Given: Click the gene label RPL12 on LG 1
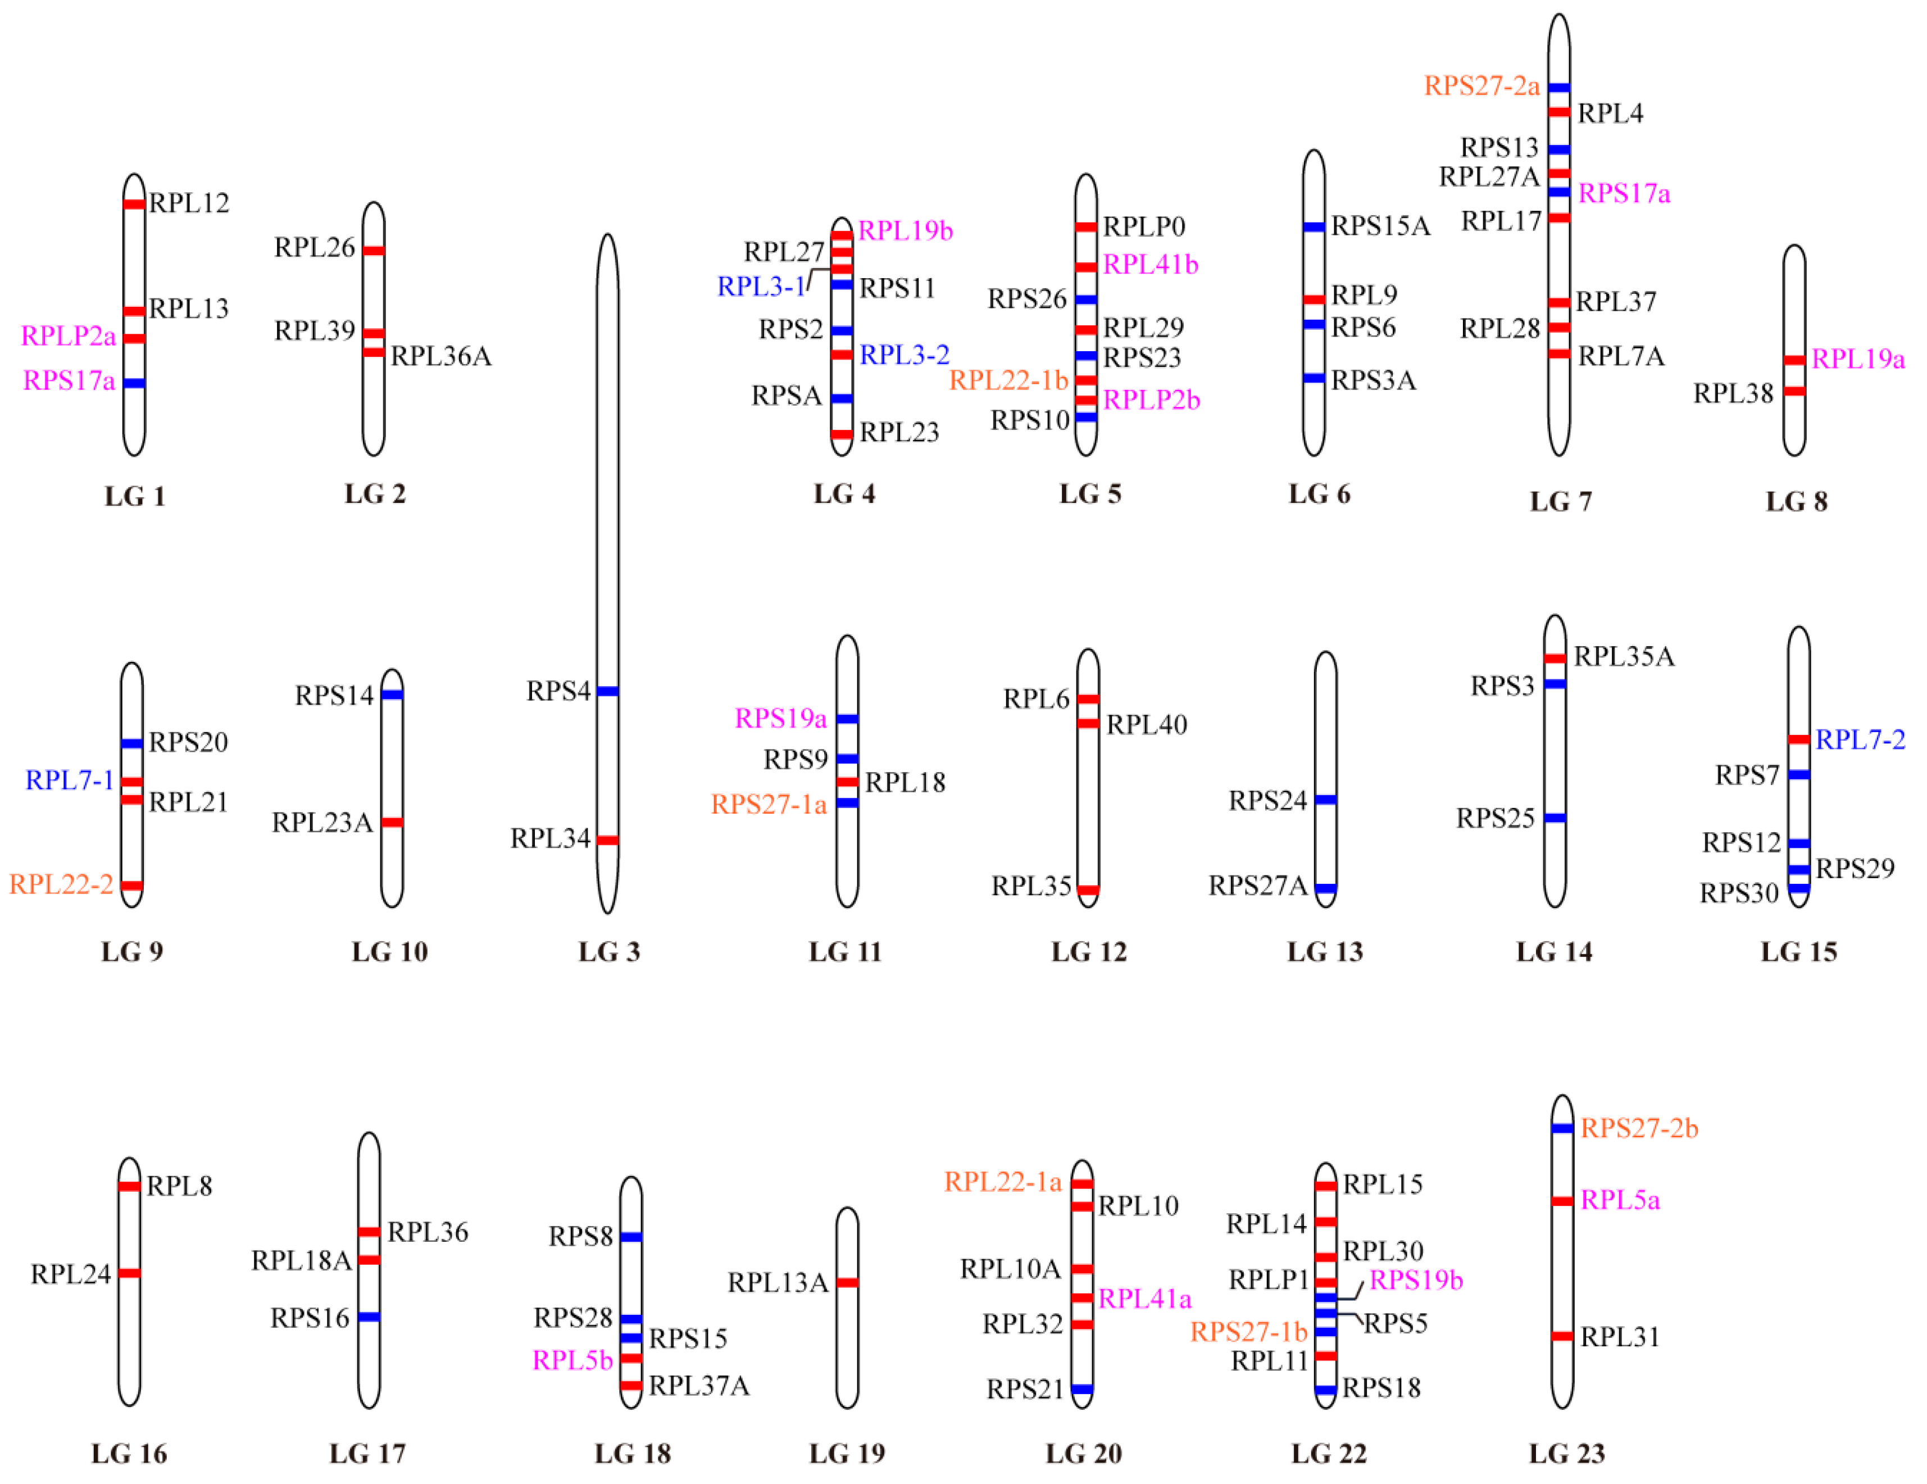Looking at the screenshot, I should click(189, 203).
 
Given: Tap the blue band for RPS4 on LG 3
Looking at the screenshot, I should click(607, 691).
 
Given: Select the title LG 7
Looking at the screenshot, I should click(1560, 501).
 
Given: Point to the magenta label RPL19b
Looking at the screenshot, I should click(905, 230).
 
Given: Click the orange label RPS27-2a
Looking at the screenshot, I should click(1481, 85).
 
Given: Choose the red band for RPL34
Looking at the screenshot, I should click(607, 840).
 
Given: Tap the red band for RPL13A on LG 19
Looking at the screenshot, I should click(847, 1282).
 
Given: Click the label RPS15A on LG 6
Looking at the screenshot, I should click(1380, 226).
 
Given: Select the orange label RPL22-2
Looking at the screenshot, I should click(61, 884).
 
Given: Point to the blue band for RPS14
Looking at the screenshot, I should click(392, 695).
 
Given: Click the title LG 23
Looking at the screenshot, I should click(1566, 1453).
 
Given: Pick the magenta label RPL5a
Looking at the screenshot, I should click(1620, 1200).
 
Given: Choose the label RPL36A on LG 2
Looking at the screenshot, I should click(441, 356).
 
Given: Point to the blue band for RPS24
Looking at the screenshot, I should click(1325, 800).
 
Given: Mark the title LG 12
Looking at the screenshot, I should click(1089, 951).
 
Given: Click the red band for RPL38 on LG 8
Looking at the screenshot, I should click(1794, 391).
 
